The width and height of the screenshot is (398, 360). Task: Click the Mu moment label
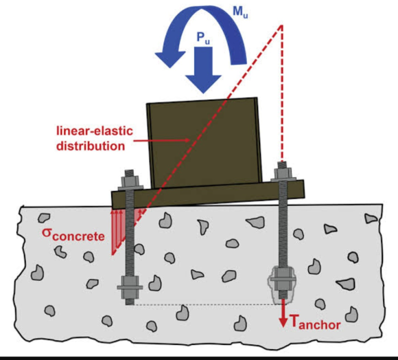240,12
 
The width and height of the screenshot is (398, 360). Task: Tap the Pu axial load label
203,38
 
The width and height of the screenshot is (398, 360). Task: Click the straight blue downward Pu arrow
203,70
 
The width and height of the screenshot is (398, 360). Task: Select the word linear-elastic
95,131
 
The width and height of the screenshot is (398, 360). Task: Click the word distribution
91,146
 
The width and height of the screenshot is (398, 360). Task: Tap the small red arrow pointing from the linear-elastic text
162,140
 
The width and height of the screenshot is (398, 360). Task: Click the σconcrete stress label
73,234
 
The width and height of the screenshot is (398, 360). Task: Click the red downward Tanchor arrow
283,313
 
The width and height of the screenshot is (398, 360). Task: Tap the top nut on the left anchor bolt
130,181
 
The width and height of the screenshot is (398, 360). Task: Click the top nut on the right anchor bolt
283,174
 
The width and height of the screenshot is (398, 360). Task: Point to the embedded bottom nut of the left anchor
130,287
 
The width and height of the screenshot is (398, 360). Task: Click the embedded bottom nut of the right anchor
282,280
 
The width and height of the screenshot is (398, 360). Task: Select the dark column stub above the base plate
204,142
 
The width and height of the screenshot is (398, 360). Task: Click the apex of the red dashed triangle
281,25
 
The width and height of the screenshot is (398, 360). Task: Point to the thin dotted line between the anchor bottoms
204,304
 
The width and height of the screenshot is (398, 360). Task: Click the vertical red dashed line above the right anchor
282,93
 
